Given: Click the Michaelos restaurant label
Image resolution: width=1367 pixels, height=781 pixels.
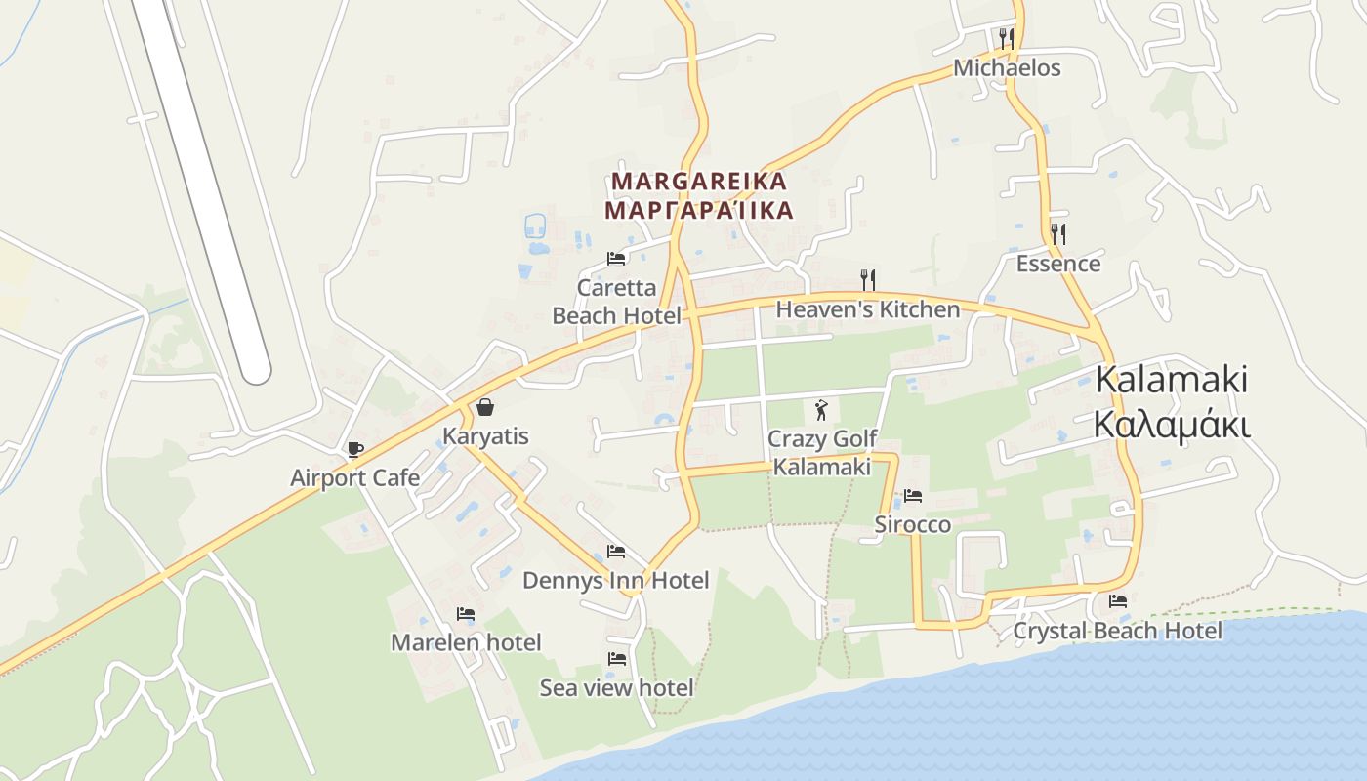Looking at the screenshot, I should pyautogui.click(x=1007, y=68).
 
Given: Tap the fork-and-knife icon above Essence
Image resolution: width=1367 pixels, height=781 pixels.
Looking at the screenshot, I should pyautogui.click(x=1057, y=233).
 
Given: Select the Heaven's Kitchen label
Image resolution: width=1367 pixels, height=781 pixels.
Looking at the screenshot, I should pyautogui.click(x=868, y=309).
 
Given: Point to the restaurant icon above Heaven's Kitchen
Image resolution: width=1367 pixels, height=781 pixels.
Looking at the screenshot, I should pyautogui.click(x=867, y=280).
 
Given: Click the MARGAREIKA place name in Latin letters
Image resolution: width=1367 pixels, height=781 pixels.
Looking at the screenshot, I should pyautogui.click(x=699, y=182).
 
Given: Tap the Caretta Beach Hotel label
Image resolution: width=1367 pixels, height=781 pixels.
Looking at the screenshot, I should pyautogui.click(x=617, y=302).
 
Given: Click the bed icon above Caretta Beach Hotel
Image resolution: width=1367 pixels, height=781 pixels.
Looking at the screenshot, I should pyautogui.click(x=616, y=259).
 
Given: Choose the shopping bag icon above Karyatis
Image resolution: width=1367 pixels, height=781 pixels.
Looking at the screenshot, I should pyautogui.click(x=485, y=407).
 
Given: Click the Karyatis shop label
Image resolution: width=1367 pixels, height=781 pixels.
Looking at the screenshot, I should pyautogui.click(x=485, y=436).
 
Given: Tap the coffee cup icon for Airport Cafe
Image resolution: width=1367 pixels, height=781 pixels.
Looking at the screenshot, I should pyautogui.click(x=355, y=449).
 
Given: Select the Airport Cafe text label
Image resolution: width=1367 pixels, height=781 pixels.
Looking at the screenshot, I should pyautogui.click(x=355, y=477).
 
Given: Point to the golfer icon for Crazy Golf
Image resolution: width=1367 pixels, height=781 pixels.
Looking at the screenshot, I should pyautogui.click(x=821, y=408).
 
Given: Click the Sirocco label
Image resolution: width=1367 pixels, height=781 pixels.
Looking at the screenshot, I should pyautogui.click(x=912, y=525).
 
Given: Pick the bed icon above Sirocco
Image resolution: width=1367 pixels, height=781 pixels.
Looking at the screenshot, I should pyautogui.click(x=913, y=496).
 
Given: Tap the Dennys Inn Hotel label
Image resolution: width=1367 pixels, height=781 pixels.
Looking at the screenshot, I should pyautogui.click(x=615, y=581).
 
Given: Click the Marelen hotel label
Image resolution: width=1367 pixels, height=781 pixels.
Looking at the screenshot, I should pyautogui.click(x=466, y=642).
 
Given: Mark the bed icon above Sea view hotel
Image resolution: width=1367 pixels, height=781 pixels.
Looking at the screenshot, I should pyautogui.click(x=617, y=659).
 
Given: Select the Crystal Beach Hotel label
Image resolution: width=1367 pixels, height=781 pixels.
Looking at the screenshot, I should pyautogui.click(x=1117, y=631).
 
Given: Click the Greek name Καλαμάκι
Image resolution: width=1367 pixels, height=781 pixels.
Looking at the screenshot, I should pyautogui.click(x=1172, y=426).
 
